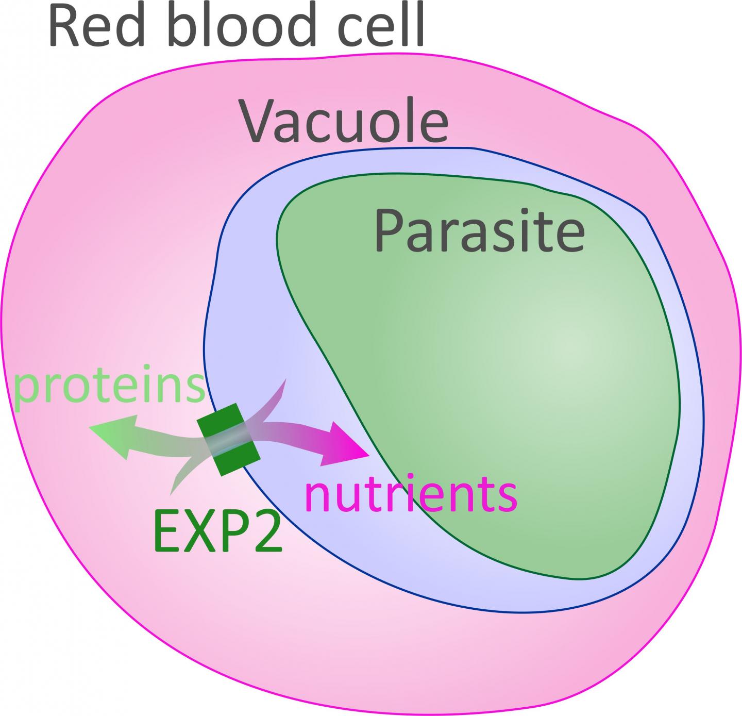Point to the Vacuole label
click(x=344, y=122)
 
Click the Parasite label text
click(x=479, y=230)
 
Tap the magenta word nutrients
click(x=411, y=493)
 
